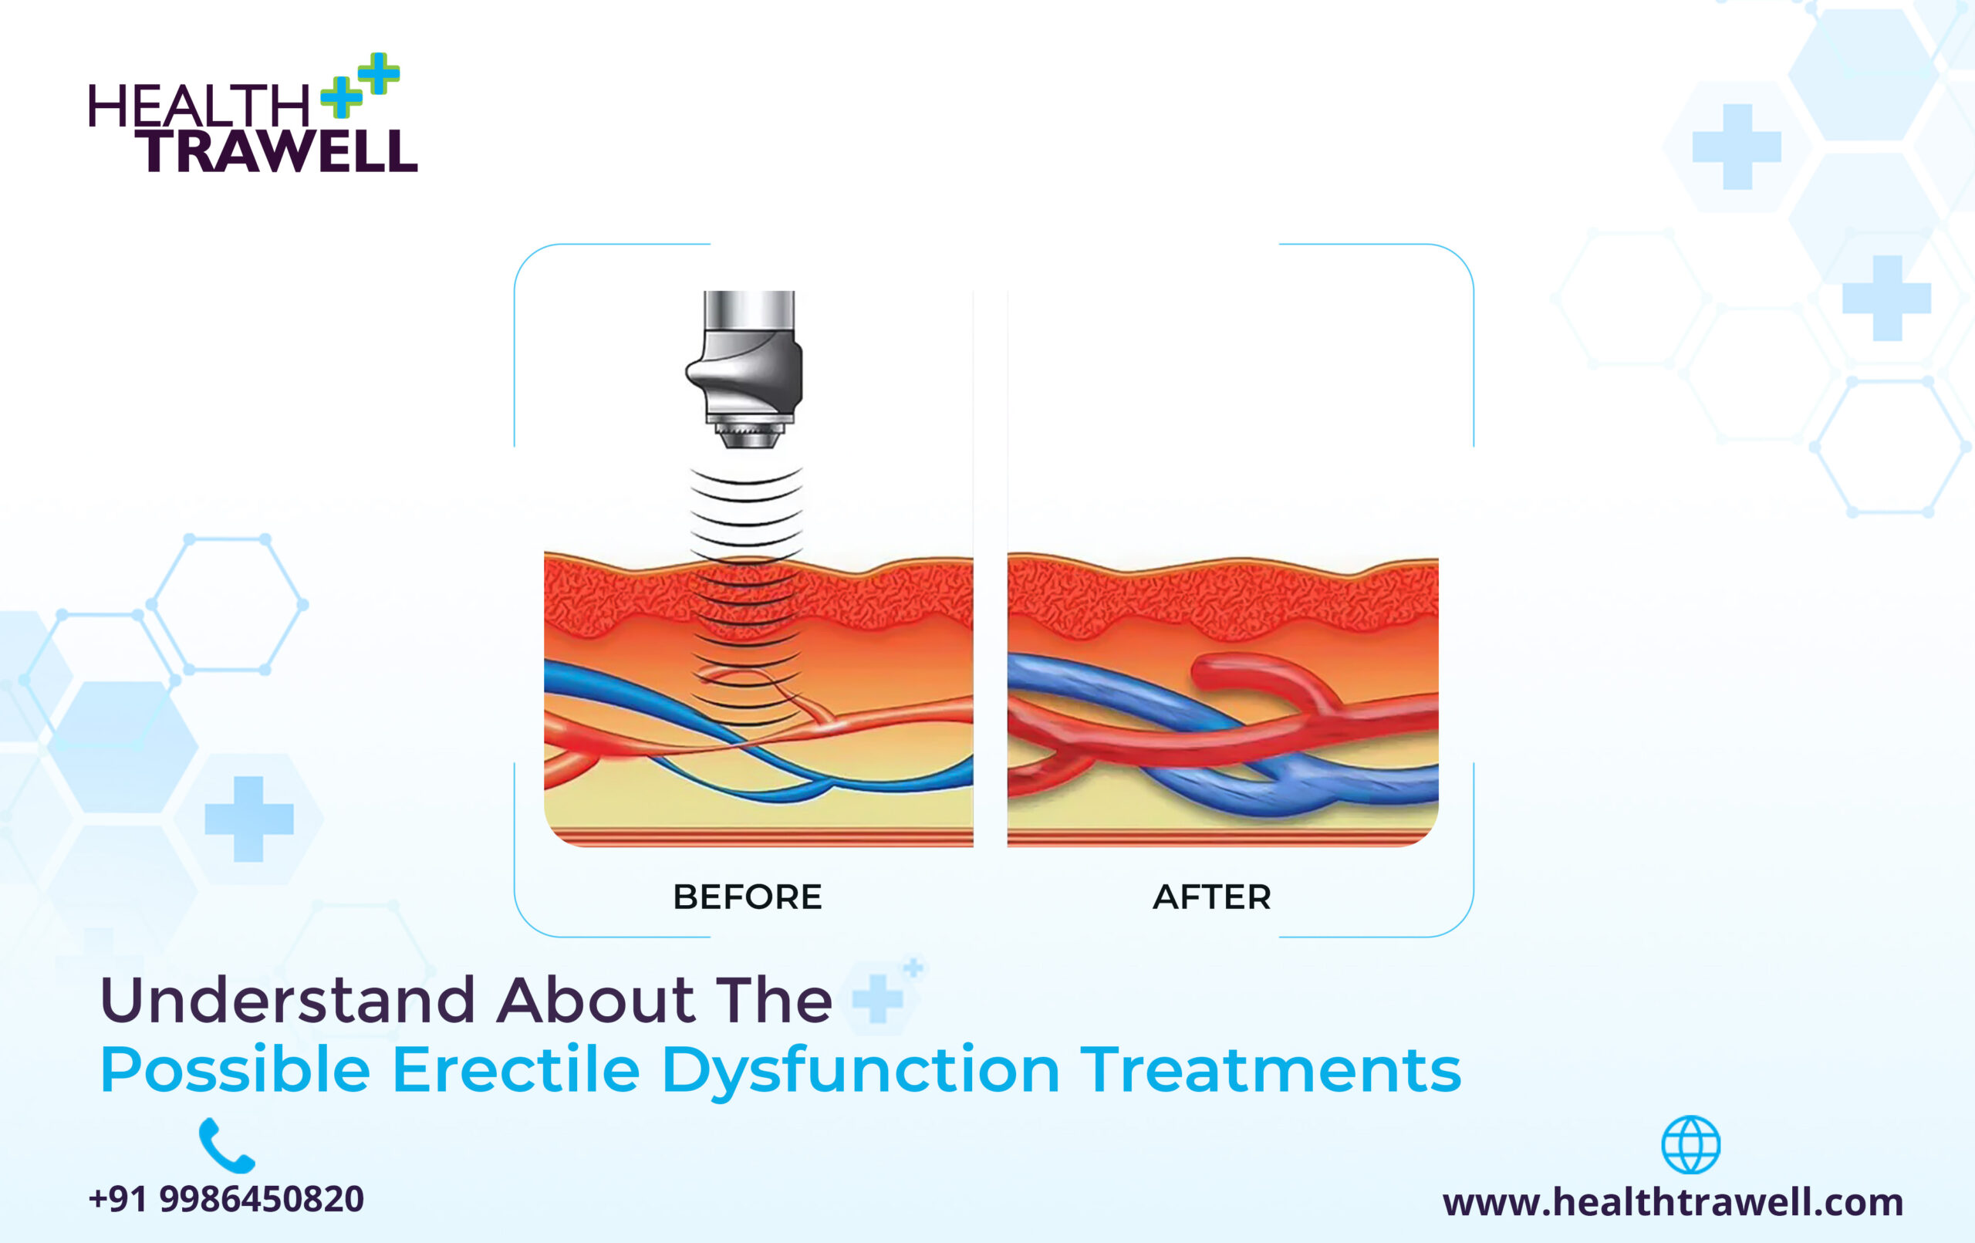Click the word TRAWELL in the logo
[277, 151]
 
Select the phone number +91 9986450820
[226, 1200]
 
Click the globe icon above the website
[1690, 1144]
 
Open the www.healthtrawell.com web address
[1673, 1203]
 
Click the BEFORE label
[748, 897]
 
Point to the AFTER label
[1212, 897]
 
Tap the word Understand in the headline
[288, 1000]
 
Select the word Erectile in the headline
[516, 1069]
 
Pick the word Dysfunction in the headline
[860, 1072]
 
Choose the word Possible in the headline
[235, 1069]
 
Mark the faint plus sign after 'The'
[878, 998]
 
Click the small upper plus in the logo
[379, 74]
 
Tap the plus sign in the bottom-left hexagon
[248, 819]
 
